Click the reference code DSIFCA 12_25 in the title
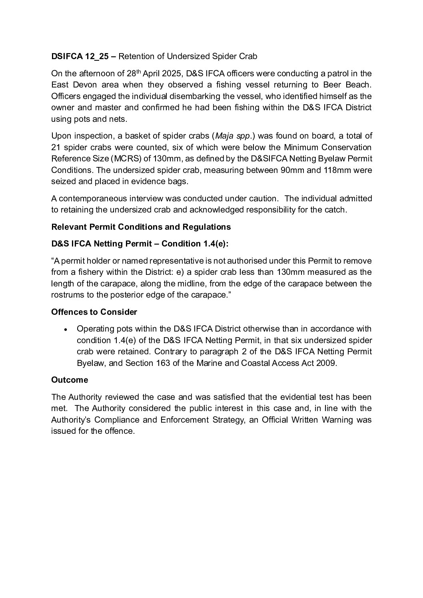(79, 56)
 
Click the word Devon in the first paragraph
(84, 85)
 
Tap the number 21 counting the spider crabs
(56, 147)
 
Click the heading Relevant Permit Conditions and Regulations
(141, 227)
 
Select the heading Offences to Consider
(94, 312)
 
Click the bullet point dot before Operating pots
(66, 329)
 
